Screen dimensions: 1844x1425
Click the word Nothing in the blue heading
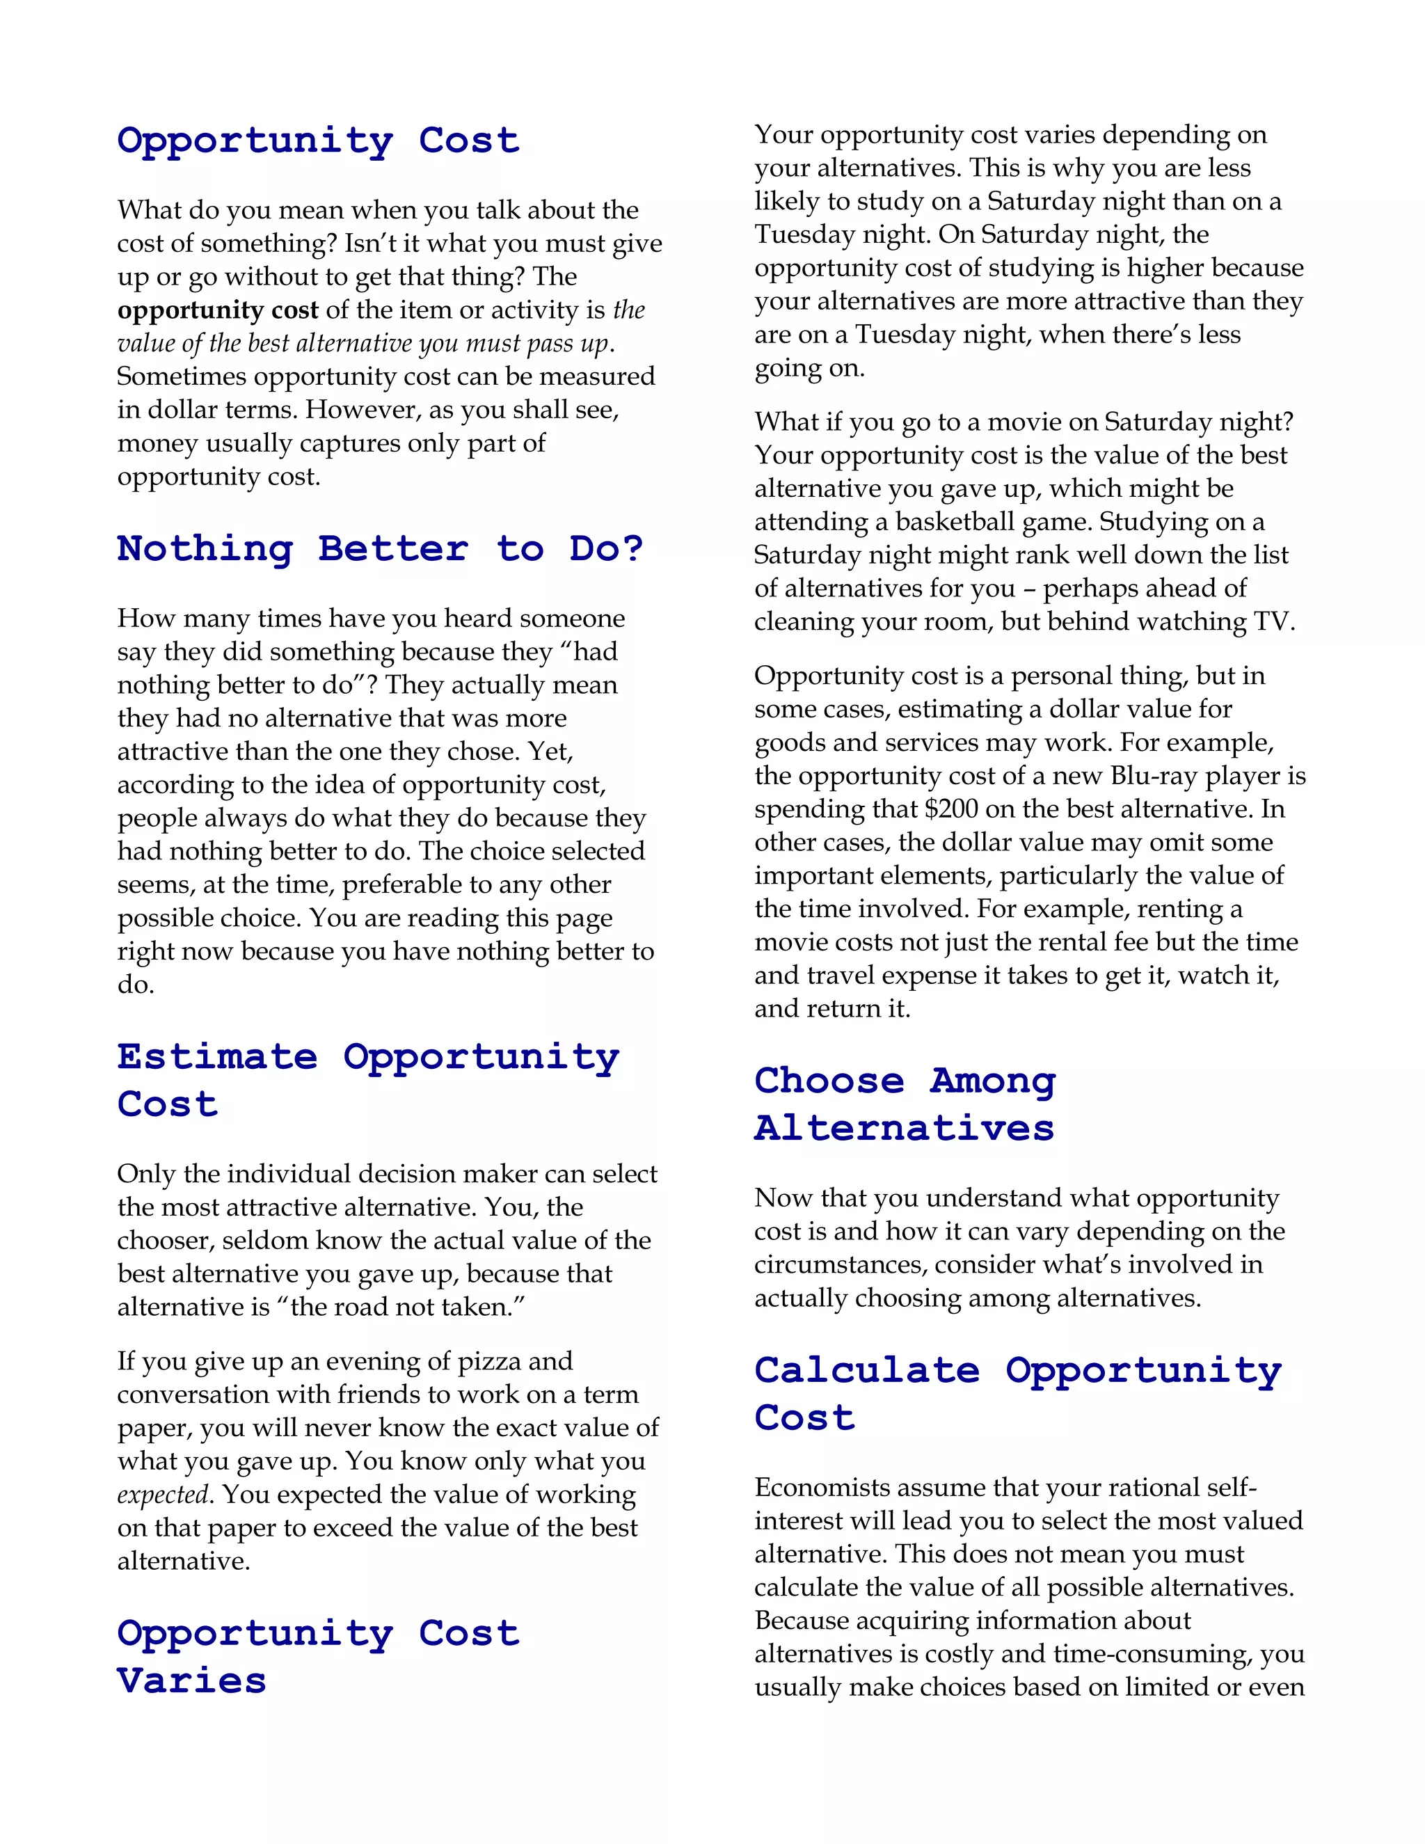point(205,549)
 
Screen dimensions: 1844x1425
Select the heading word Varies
point(191,1680)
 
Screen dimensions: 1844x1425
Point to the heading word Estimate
point(217,1056)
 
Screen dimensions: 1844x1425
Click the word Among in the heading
point(993,1081)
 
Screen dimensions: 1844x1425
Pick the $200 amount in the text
point(951,809)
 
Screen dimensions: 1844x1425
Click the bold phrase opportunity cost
point(218,310)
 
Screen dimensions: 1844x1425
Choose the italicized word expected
point(162,1495)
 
